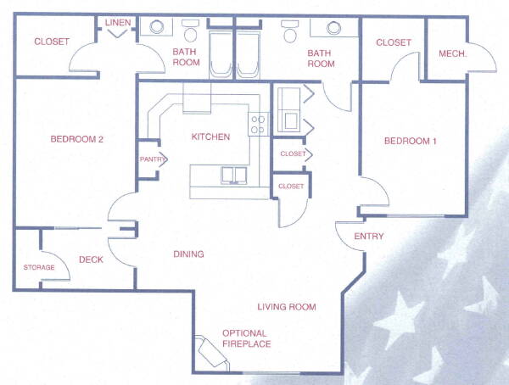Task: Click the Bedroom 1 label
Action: (x=411, y=141)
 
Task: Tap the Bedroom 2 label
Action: (x=77, y=139)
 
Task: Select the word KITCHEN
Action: (x=210, y=137)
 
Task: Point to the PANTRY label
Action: (x=153, y=159)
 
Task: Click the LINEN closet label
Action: (x=118, y=22)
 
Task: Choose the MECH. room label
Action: (x=452, y=53)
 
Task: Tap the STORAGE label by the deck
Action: (x=39, y=267)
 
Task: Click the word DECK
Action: (x=92, y=259)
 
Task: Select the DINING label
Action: (x=188, y=254)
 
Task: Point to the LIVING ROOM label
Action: (x=287, y=307)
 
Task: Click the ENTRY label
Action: (x=369, y=236)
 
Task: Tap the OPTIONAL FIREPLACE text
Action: (x=246, y=338)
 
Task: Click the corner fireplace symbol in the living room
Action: (x=213, y=352)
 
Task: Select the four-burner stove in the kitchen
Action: (x=258, y=125)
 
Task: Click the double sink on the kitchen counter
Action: (x=234, y=176)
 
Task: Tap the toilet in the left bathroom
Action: (x=190, y=31)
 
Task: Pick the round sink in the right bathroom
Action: (x=333, y=28)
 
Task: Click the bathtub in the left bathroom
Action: (x=221, y=54)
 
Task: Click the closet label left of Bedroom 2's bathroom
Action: (x=52, y=42)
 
